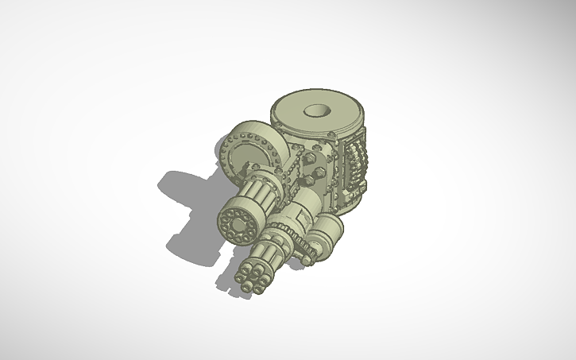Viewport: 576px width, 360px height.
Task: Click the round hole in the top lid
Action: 317,111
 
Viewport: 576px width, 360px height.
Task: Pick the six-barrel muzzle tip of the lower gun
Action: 252,276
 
